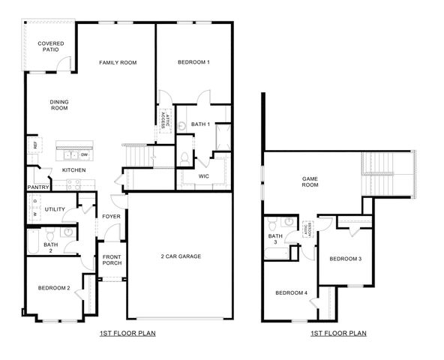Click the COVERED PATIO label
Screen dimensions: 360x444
point(51,47)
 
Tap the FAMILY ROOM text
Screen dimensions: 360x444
point(118,62)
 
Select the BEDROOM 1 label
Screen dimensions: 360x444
point(193,62)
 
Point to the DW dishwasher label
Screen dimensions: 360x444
point(84,155)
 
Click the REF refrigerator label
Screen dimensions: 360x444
point(33,144)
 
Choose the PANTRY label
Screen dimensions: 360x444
point(37,187)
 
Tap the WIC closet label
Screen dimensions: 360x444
point(203,176)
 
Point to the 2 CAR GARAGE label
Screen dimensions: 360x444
point(180,256)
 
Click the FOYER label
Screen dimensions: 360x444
point(111,217)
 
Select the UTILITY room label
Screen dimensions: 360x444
point(55,209)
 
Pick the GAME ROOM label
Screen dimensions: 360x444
point(310,182)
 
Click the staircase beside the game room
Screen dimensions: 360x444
point(386,172)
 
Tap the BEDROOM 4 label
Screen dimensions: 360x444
point(291,292)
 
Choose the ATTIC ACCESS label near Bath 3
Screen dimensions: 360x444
point(307,229)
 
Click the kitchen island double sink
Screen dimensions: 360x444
point(72,156)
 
